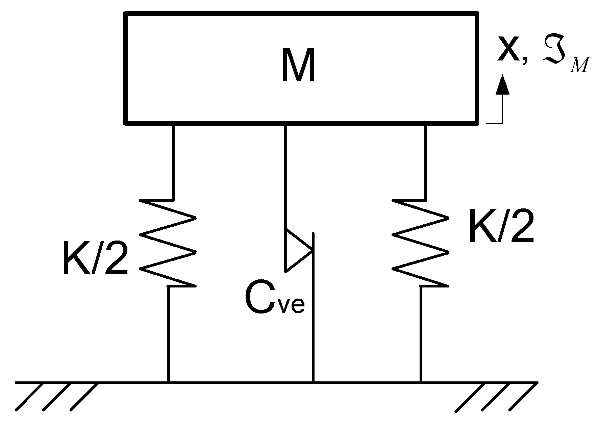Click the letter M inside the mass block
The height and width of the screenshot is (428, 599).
tap(299, 66)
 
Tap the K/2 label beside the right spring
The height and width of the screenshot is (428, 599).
tap(501, 226)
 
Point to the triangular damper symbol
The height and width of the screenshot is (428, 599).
tap(297, 250)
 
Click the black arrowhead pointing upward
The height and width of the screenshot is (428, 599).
tap(502, 84)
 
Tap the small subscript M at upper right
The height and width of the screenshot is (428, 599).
tap(579, 66)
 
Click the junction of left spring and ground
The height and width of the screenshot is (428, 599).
tap(169, 382)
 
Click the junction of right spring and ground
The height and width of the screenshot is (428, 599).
tap(421, 382)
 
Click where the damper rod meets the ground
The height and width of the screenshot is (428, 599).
tap(313, 382)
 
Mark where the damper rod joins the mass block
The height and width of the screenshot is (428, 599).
tap(286, 124)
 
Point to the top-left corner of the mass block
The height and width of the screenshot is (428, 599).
tap(126, 14)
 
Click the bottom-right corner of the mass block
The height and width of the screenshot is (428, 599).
tap(477, 123)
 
